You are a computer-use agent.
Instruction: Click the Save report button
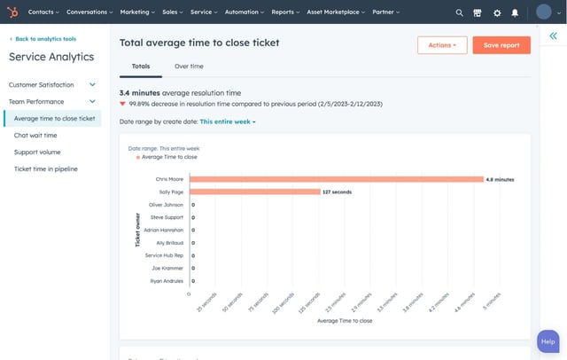501,45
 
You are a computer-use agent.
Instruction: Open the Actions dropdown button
442,45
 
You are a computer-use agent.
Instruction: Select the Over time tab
189,67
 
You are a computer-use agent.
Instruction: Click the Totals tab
141,67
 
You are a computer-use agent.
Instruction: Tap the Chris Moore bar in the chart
336,179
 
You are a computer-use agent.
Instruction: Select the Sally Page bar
254,192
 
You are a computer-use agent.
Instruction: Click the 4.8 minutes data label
500,179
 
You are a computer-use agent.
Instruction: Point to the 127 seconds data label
338,192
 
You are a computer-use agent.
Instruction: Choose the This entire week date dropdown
228,121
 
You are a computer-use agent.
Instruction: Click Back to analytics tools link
45,40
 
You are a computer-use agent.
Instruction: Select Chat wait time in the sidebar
35,136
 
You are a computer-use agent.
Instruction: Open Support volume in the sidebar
37,153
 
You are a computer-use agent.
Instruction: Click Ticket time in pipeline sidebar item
47,169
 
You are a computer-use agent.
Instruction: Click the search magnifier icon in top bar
459,12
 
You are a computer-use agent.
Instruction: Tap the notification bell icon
515,12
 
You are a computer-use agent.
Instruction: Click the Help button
548,341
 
